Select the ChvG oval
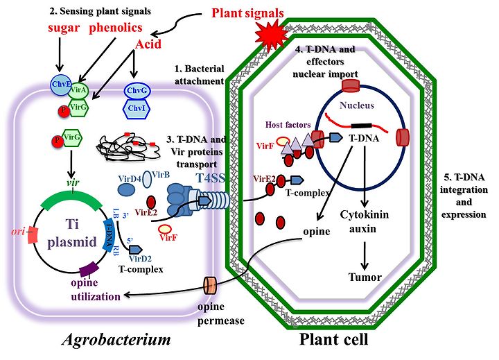tap(137, 91)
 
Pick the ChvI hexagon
tap(137, 109)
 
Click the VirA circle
tap(78, 90)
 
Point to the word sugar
tap(64, 28)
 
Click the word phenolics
tap(116, 28)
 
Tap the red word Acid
tap(148, 44)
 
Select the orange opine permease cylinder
tap(210, 285)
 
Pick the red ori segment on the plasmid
tap(33, 235)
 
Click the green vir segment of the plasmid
tap(71, 199)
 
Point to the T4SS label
tap(210, 178)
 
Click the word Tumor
tap(365, 277)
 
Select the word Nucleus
tap(357, 105)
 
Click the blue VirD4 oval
tap(127, 189)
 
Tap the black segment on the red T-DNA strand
tap(361, 126)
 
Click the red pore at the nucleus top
tap(351, 86)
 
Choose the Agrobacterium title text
tap(116, 340)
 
